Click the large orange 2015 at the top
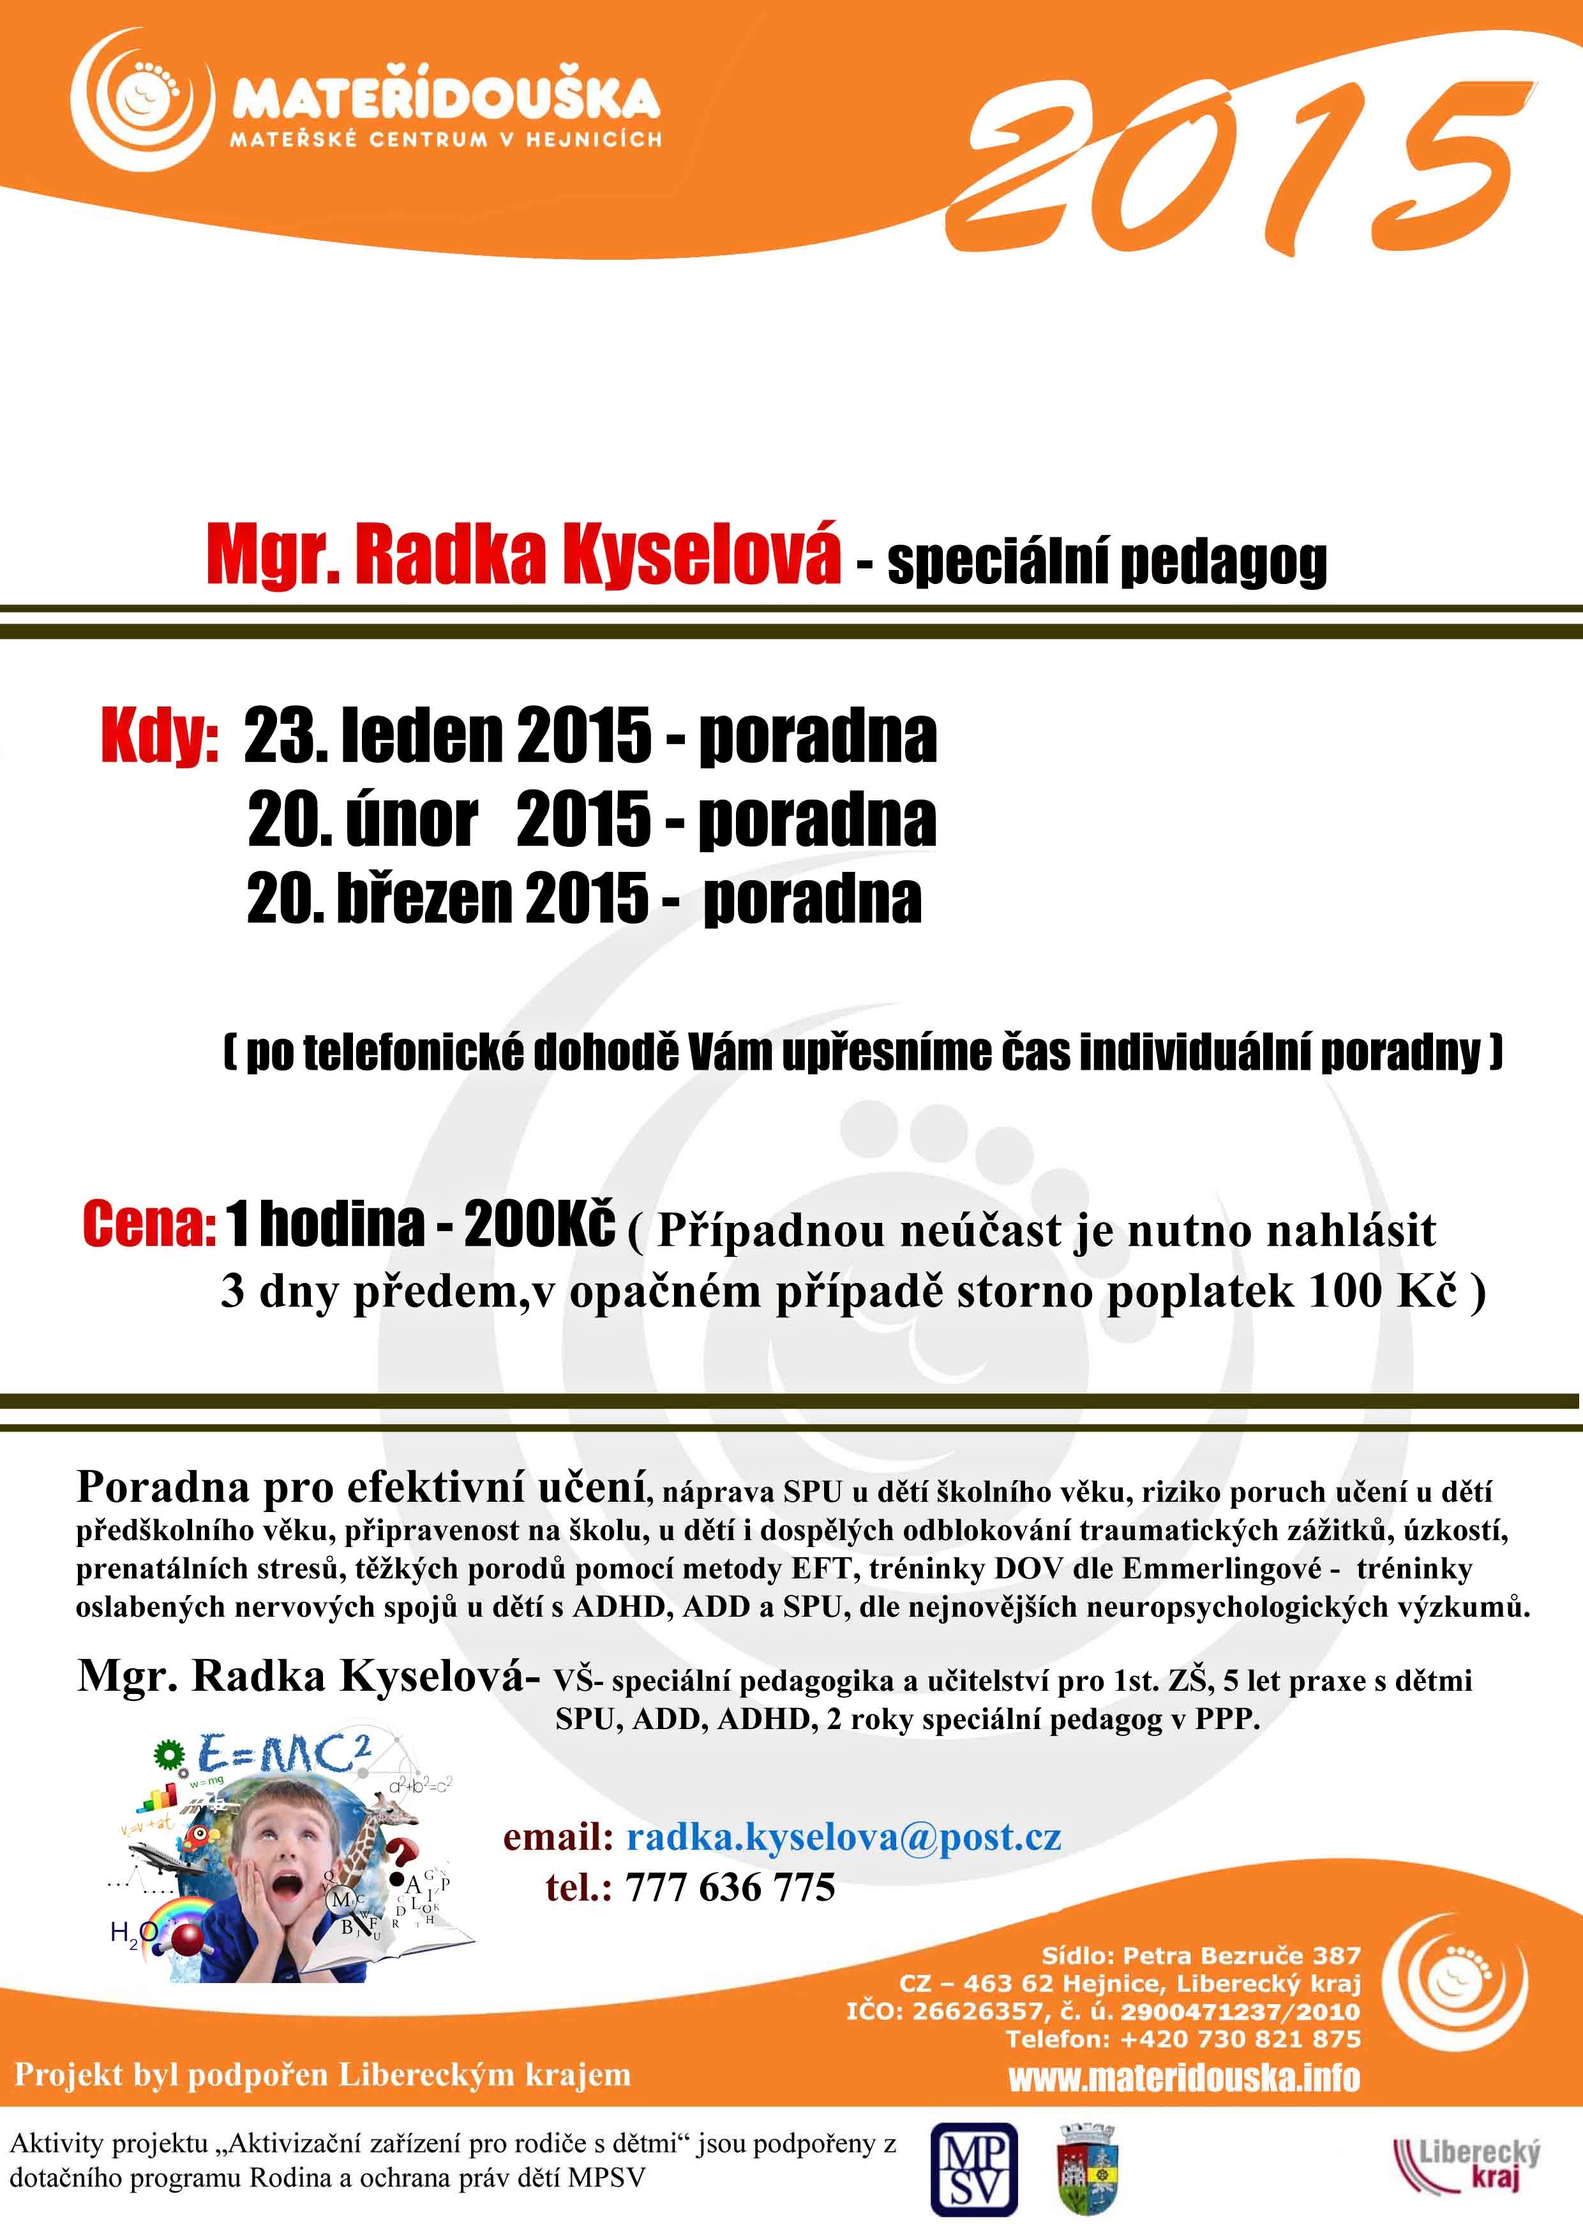coord(1239,166)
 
